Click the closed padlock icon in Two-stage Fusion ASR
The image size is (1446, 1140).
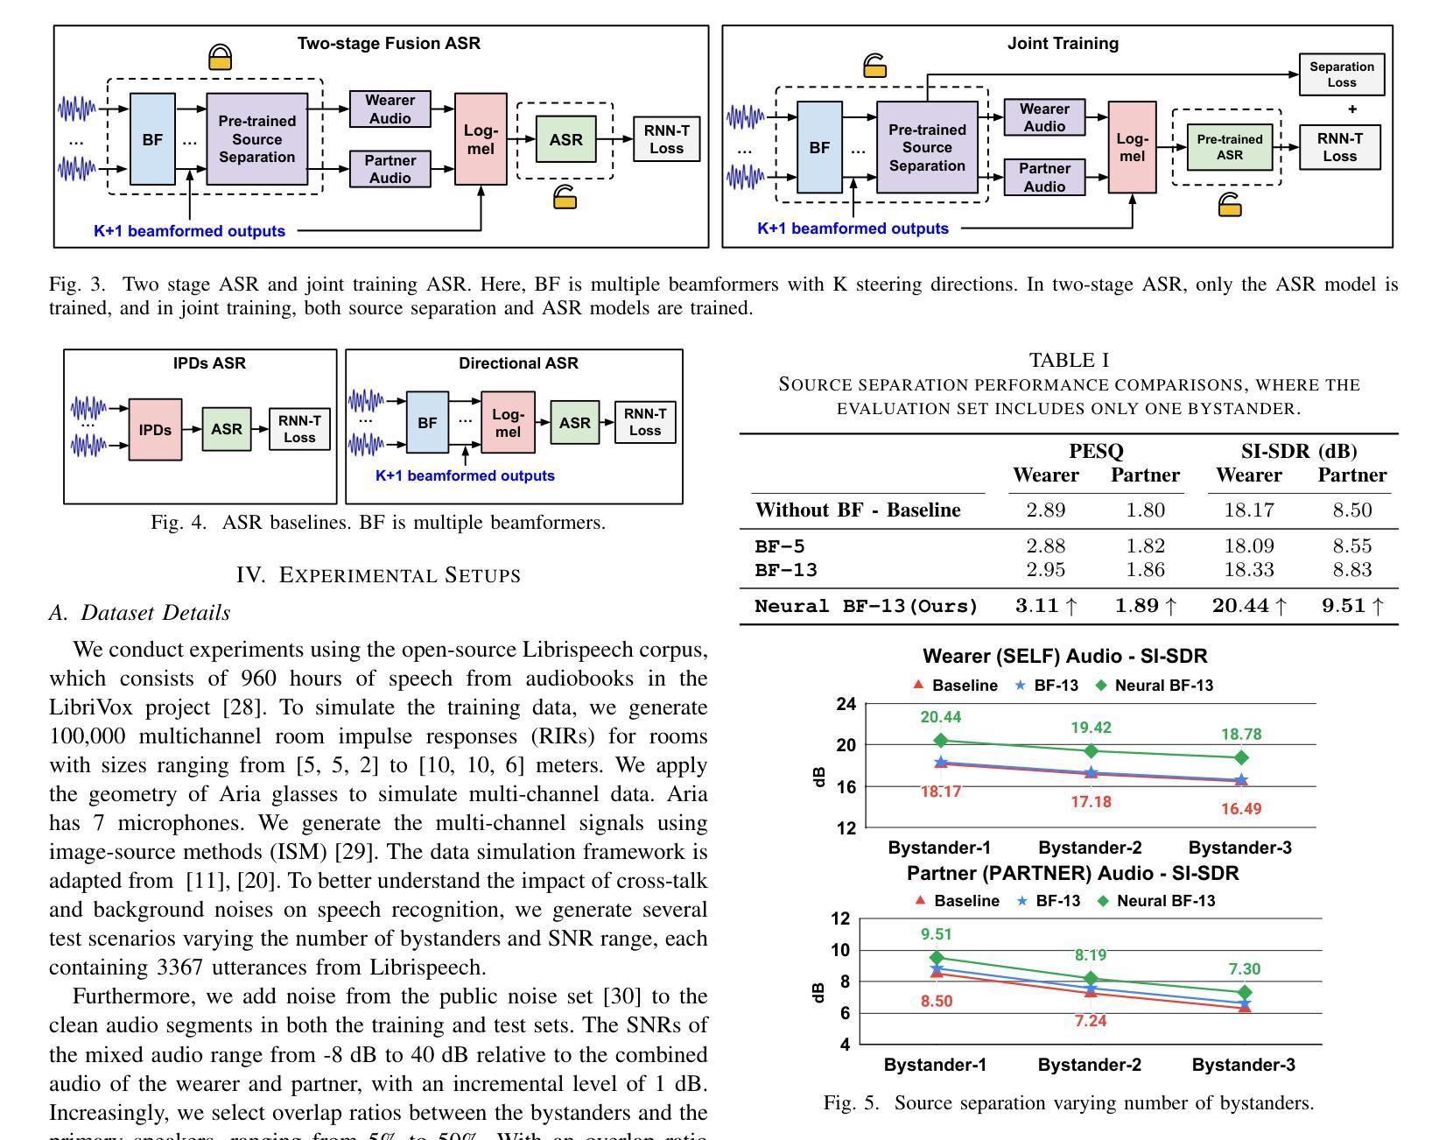[x=221, y=57]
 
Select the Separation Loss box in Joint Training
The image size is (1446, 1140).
[x=1342, y=74]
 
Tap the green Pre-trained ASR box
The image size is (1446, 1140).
[x=1230, y=147]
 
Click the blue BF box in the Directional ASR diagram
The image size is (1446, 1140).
[x=427, y=422]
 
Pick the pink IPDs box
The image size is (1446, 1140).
[x=156, y=429]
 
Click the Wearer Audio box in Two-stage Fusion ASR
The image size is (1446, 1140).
[x=390, y=109]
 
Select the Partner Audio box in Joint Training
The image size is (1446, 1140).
[x=1044, y=177]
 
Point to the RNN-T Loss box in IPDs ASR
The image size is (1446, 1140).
[x=299, y=429]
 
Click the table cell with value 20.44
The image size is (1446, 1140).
[x=1241, y=605]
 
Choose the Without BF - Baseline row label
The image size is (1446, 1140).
[x=858, y=510]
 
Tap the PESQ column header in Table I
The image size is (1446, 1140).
[x=1096, y=451]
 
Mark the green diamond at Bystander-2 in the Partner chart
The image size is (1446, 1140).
[x=1091, y=979]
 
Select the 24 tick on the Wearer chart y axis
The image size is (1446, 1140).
[x=846, y=704]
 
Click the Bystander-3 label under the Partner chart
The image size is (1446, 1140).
[x=1243, y=1065]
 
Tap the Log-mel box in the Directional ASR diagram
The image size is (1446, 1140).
[x=508, y=422]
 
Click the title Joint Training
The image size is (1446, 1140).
[x=1063, y=43]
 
